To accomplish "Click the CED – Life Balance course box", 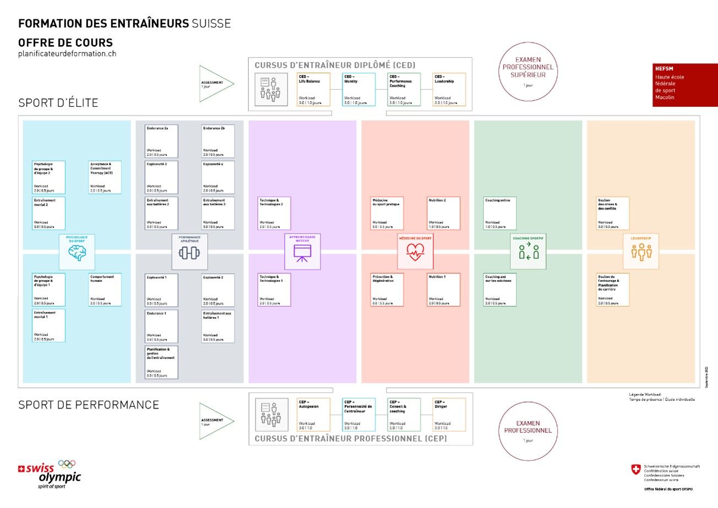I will [314, 89].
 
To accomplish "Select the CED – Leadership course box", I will [449, 89].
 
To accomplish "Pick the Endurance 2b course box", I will [218, 141].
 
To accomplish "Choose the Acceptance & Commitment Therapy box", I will [105, 177].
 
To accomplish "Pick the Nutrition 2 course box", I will [444, 213].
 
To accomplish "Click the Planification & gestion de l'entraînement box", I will [162, 362].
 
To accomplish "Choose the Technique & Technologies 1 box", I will [274, 290].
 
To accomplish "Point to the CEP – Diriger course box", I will [449, 414].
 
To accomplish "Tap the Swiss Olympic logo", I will [50, 473].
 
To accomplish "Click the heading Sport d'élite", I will [58, 103].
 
